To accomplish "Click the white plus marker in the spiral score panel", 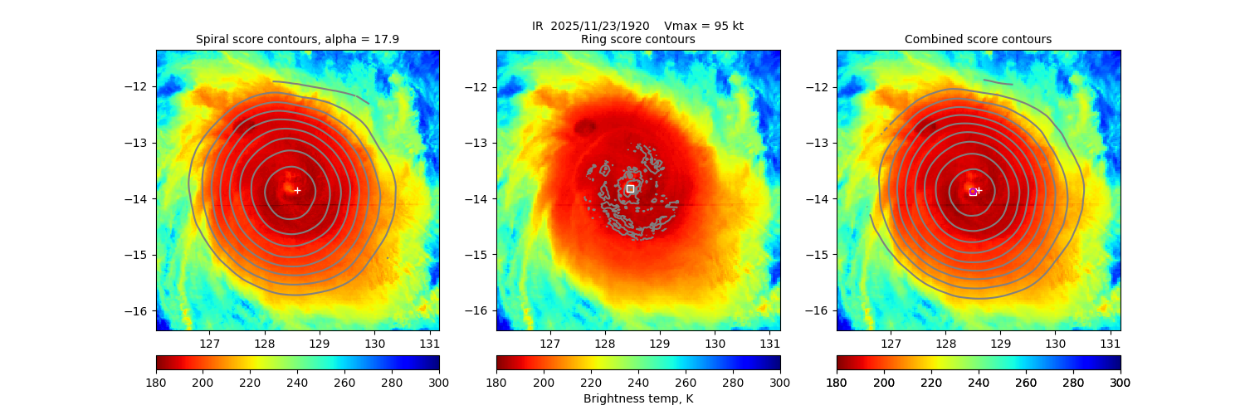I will coord(297,190).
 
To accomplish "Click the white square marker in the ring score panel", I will coord(630,188).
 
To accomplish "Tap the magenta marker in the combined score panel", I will coord(973,192).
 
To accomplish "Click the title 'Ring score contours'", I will coord(637,39).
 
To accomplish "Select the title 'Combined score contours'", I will coord(978,39).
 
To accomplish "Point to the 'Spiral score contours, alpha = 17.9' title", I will coord(297,39).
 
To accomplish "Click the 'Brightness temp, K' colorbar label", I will coord(637,398).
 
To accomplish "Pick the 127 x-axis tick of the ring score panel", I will coord(549,343).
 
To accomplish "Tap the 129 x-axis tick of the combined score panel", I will coord(1000,343).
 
